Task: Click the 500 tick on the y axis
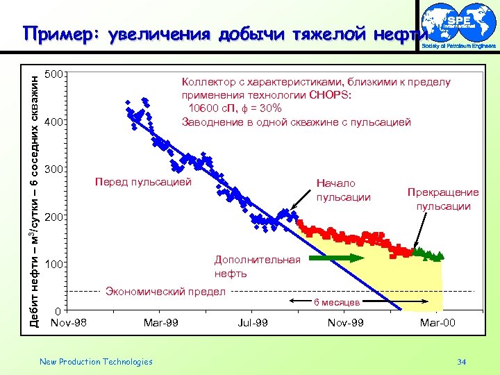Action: [54, 74]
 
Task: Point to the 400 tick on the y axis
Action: [54, 122]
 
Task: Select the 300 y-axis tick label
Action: [54, 169]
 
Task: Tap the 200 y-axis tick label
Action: [54, 217]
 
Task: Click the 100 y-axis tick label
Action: [54, 265]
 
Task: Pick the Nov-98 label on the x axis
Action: [69, 323]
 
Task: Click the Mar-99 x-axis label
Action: [160, 323]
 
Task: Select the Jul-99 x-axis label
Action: [253, 323]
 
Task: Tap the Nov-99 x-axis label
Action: [345, 323]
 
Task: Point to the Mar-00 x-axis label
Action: [437, 323]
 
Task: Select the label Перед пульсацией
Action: [142, 183]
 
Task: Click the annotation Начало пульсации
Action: [343, 190]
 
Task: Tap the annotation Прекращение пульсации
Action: [443, 199]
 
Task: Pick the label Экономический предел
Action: [165, 292]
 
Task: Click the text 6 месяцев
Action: [336, 302]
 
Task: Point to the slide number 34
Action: [462, 362]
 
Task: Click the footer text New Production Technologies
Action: [96, 362]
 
